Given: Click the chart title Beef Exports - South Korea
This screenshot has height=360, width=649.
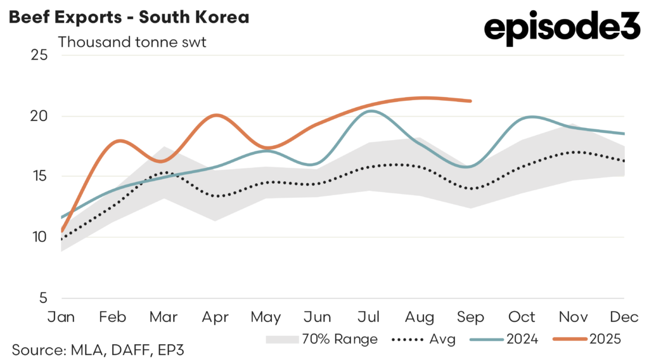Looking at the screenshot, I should pyautogui.click(x=129, y=17).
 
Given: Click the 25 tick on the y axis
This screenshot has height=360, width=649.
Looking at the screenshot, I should pyautogui.click(x=39, y=55).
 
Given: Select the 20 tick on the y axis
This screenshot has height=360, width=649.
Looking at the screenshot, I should pyautogui.click(x=39, y=116).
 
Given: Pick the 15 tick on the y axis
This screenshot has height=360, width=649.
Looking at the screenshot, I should pyautogui.click(x=39, y=176).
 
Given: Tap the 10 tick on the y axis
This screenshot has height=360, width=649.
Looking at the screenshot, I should pyautogui.click(x=39, y=237).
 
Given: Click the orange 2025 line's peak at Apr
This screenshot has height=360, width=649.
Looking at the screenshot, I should pyautogui.click(x=217, y=115).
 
